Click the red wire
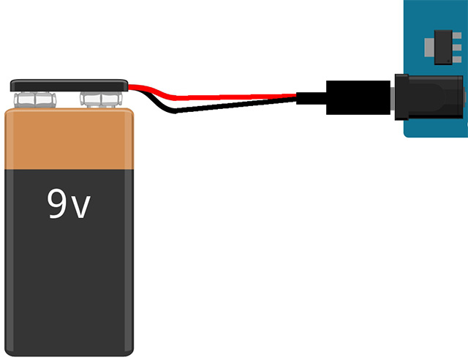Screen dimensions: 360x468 click(x=219, y=96)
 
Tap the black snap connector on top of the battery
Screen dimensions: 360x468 click(x=69, y=85)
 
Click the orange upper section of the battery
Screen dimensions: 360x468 click(x=69, y=139)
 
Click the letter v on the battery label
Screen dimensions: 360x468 click(x=82, y=209)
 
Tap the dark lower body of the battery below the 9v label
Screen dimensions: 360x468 click(x=69, y=285)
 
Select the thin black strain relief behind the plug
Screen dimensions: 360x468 click(x=311, y=98)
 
